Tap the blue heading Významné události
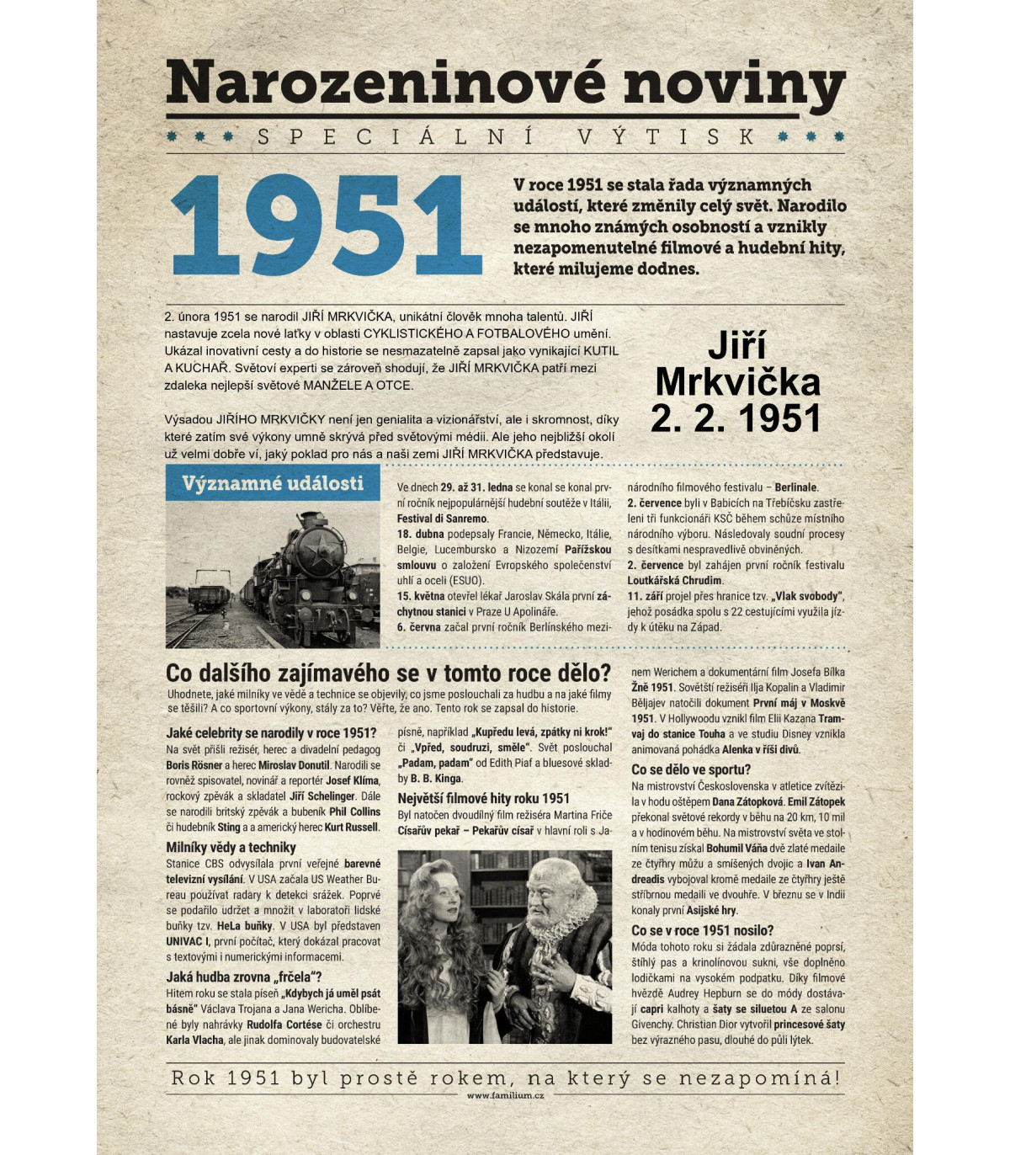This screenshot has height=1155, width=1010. (273, 483)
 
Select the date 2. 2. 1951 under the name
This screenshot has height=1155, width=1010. (736, 418)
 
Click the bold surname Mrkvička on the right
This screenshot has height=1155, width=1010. (737, 382)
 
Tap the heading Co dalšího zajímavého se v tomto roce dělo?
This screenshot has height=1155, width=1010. (388, 673)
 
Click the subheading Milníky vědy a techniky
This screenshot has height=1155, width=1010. (231, 848)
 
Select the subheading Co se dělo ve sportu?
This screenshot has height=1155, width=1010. (690, 769)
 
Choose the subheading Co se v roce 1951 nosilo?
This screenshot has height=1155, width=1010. (702, 930)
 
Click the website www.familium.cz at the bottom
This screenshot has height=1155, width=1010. (505, 1095)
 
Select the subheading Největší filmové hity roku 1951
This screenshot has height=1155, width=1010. (483, 798)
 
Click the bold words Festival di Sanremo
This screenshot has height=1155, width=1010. (442, 519)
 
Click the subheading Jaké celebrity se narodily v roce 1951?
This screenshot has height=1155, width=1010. (271, 733)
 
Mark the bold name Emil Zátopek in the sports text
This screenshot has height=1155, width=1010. (816, 801)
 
